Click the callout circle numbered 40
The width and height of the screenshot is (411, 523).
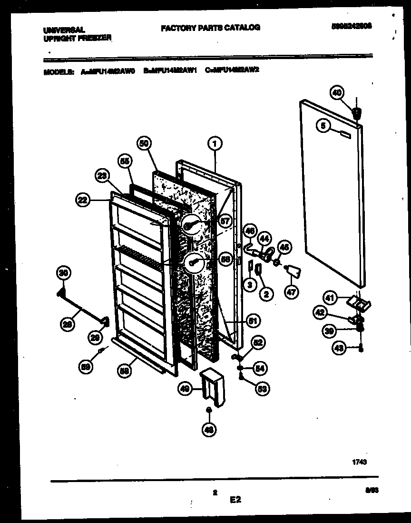click(x=337, y=93)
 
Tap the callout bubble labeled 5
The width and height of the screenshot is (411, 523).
click(x=323, y=126)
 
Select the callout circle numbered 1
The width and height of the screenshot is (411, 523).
click(x=215, y=142)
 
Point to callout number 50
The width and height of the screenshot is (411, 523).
click(x=144, y=142)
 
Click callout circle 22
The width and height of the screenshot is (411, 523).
click(x=84, y=201)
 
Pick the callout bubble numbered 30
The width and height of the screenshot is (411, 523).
click(x=63, y=273)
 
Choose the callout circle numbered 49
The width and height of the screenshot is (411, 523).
click(x=185, y=389)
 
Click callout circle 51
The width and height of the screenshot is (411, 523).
click(x=253, y=322)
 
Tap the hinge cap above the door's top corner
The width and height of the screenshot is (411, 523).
click(x=356, y=113)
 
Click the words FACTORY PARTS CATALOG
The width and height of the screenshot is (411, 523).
click(x=210, y=28)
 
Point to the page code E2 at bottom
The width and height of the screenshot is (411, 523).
click(x=235, y=500)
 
